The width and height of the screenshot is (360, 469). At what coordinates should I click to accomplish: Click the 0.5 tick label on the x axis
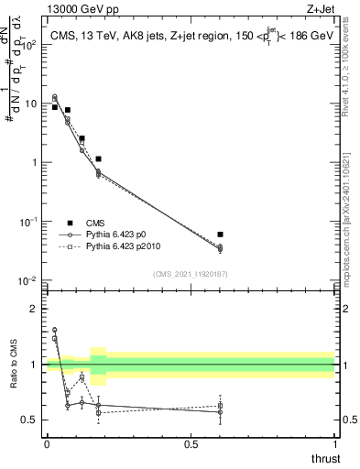pyautogui.click(x=191, y=442)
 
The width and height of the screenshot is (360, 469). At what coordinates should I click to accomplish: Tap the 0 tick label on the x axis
pyautogui.click(x=47, y=442)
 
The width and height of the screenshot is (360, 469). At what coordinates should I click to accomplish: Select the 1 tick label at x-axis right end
pyautogui.click(x=334, y=442)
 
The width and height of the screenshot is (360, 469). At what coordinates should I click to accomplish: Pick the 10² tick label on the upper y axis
pyautogui.click(x=30, y=44)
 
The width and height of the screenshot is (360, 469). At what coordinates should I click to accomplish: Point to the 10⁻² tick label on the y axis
pyautogui.click(x=29, y=280)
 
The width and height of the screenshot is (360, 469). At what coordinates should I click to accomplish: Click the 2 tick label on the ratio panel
pyautogui.click(x=34, y=309)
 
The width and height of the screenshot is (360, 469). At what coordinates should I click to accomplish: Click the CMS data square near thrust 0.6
pyautogui.click(x=220, y=234)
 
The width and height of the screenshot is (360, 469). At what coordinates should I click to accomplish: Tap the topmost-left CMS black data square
pyautogui.click(x=55, y=107)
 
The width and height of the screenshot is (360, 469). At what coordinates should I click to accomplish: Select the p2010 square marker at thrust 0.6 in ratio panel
pyautogui.click(x=220, y=406)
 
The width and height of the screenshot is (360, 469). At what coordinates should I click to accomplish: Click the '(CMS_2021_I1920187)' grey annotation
pyautogui.click(x=191, y=273)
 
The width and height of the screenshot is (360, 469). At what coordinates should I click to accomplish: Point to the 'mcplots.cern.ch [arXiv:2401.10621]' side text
pyautogui.click(x=353, y=220)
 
